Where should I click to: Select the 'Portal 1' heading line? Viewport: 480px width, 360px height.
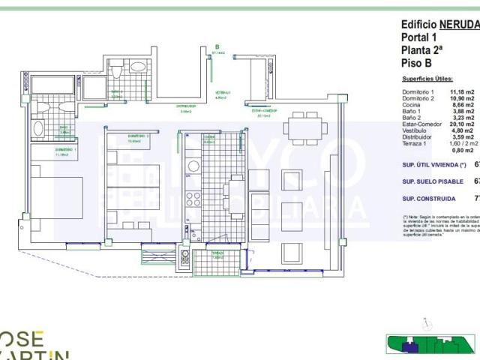click(x=419, y=37)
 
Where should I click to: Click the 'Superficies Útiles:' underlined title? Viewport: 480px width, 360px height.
click(x=427, y=79)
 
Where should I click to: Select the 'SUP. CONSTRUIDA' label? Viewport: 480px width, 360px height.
click(x=428, y=199)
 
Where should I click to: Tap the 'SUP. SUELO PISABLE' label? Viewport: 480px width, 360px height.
click(x=432, y=181)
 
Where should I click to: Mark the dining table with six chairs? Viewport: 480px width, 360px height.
click(x=304, y=127)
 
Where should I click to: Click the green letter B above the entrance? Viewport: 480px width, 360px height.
click(x=217, y=46)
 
